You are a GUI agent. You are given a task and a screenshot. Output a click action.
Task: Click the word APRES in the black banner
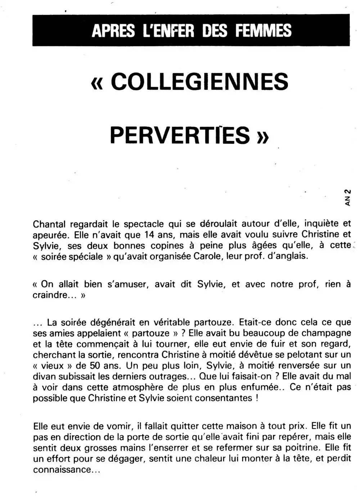(113, 30)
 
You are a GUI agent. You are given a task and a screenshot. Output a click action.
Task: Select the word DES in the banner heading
(215, 30)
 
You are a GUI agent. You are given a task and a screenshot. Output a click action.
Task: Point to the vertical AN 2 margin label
(347, 197)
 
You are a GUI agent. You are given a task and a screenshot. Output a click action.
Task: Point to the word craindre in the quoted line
(50, 295)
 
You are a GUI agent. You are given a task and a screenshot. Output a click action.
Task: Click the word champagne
(326, 333)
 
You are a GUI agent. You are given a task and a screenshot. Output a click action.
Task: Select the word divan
(44, 377)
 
